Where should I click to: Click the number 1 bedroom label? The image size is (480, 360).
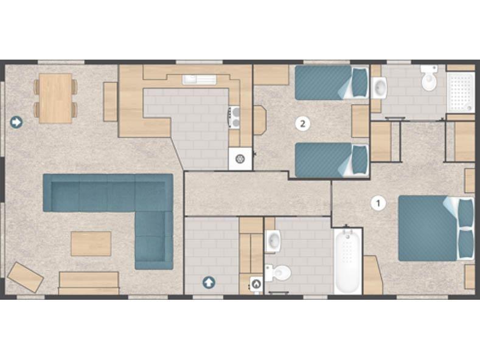click(378, 203)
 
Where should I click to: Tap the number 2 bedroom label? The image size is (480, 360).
click(303, 123)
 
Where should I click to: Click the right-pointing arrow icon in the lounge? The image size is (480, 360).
click(16, 122)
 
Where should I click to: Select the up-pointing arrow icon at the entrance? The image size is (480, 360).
click(209, 282)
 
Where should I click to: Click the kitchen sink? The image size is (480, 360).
click(200, 80)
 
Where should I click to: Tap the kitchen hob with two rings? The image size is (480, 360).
click(235, 117)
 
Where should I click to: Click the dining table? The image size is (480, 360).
click(55, 99)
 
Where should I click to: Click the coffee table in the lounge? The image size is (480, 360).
click(91, 244)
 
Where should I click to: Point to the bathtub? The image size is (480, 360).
click(348, 261)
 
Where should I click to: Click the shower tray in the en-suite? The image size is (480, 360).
click(461, 92)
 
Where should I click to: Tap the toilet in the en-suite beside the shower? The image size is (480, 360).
click(429, 78)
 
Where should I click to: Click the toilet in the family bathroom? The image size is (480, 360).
click(278, 273)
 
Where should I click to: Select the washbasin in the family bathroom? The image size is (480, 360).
click(273, 241)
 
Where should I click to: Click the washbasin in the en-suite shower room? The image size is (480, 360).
click(379, 88)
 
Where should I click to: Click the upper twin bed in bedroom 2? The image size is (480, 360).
click(332, 82)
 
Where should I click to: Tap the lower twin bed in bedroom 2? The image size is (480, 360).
click(332, 160)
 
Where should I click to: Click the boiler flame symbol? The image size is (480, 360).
click(256, 284)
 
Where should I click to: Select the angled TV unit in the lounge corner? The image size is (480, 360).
click(26, 277)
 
